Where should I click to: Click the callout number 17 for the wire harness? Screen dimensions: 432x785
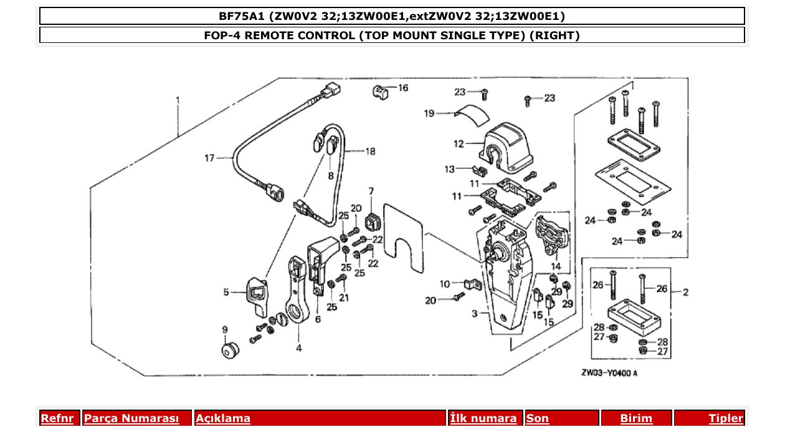(x=209, y=158)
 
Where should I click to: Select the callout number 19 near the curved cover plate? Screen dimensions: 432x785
(x=429, y=113)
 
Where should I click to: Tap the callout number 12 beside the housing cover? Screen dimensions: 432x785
(x=459, y=144)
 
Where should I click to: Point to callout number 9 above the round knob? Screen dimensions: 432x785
(x=224, y=329)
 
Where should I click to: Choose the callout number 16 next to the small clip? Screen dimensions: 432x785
(x=403, y=88)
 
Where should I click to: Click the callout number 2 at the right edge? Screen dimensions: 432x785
(x=685, y=292)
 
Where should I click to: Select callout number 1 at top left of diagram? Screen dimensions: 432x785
(x=178, y=100)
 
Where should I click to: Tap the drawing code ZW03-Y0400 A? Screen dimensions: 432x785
(x=609, y=373)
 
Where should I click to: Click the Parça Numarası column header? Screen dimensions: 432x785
(x=131, y=419)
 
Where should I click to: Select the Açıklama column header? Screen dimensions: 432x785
(x=223, y=419)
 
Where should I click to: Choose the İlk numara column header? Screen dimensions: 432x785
(x=483, y=419)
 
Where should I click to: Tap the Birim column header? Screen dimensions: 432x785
(x=636, y=419)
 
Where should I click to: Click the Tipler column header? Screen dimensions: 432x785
(x=726, y=419)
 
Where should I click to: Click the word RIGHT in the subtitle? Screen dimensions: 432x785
(x=554, y=35)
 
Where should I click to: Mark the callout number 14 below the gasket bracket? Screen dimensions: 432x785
(x=556, y=266)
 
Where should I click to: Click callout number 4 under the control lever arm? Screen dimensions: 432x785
(x=299, y=348)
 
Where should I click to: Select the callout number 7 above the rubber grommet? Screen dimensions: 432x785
(x=371, y=191)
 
